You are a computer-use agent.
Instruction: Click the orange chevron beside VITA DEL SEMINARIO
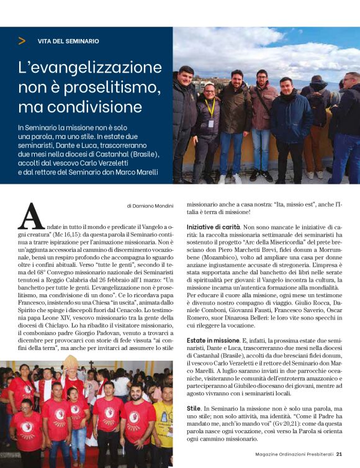click(x=22, y=41)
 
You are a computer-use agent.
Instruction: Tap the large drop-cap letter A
click(x=32, y=216)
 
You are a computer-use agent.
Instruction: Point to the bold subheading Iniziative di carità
click(x=213, y=228)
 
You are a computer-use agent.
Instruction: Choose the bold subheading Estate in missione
click(x=213, y=341)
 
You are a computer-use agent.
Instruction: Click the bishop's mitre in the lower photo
click(x=70, y=362)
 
